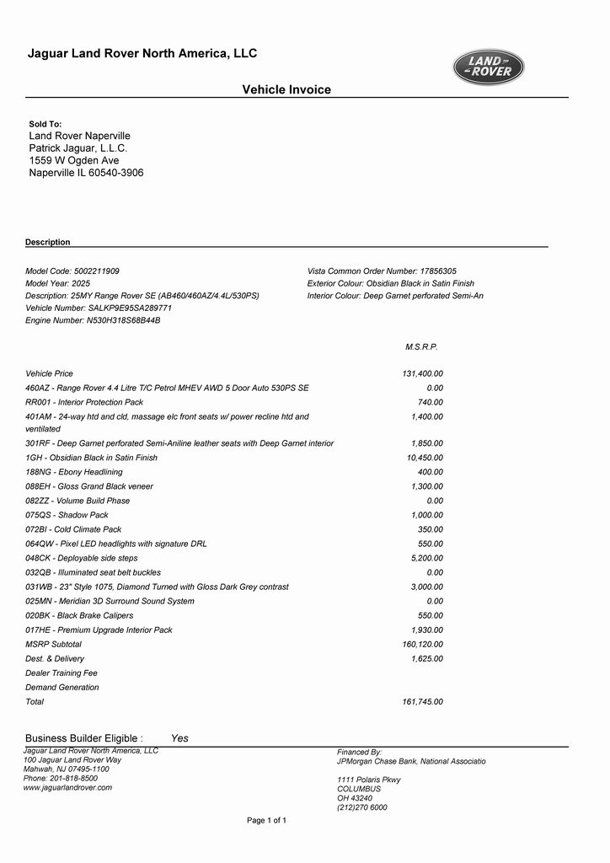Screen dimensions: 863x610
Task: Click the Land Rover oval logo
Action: click(489, 67)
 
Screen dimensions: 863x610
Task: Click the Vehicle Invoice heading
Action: click(286, 90)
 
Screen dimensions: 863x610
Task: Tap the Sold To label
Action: click(45, 124)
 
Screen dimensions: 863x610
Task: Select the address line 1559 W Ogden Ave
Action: click(74, 160)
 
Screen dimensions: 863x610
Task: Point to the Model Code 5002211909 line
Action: click(72, 271)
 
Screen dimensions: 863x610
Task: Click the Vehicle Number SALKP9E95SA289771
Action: click(99, 308)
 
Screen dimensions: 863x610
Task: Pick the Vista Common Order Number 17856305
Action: click(382, 271)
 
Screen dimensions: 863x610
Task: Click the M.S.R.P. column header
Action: click(421, 346)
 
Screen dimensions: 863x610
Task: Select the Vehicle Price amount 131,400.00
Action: click(422, 373)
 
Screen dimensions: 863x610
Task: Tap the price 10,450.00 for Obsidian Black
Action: click(425, 458)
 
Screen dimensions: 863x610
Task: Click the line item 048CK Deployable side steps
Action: click(82, 558)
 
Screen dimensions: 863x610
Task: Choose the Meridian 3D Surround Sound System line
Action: click(110, 601)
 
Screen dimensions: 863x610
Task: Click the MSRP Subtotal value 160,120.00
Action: click(422, 644)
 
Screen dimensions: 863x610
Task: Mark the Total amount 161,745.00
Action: click(422, 701)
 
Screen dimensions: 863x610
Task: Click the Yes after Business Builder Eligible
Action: click(179, 738)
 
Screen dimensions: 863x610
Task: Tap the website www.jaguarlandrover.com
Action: click(67, 787)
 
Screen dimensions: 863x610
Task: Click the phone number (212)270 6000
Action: click(362, 807)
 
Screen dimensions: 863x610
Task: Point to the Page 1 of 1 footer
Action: click(266, 820)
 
